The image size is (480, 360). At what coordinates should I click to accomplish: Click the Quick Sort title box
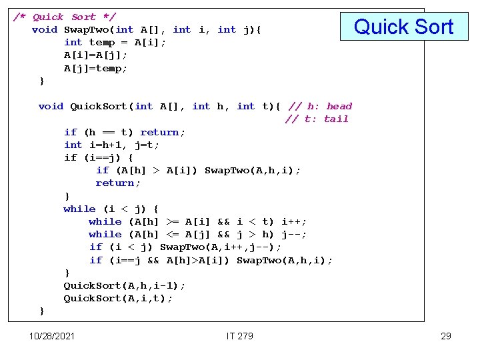pos(403,27)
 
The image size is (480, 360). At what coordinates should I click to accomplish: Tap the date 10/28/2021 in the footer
pos(52,336)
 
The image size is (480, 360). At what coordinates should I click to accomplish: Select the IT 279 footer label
pos(240,336)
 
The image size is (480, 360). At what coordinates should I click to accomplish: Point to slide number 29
pos(446,336)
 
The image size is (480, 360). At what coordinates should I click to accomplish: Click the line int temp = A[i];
pos(115,42)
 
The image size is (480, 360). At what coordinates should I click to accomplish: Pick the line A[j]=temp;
pos(95,68)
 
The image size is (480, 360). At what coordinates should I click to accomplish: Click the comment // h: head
pos(320,106)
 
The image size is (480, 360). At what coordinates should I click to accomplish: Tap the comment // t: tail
pos(317,119)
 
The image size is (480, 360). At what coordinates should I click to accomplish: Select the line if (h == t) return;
pos(125,132)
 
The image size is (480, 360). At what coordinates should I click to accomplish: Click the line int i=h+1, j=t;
pos(111,145)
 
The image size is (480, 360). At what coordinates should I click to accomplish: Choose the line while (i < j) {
pos(111,209)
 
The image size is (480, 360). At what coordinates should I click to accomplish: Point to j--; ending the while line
pos(293,234)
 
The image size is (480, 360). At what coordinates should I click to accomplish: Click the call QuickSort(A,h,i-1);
pos(124,285)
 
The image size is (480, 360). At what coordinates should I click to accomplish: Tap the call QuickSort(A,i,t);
pos(117,298)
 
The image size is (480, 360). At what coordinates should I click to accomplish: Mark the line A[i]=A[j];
pos(95,55)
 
